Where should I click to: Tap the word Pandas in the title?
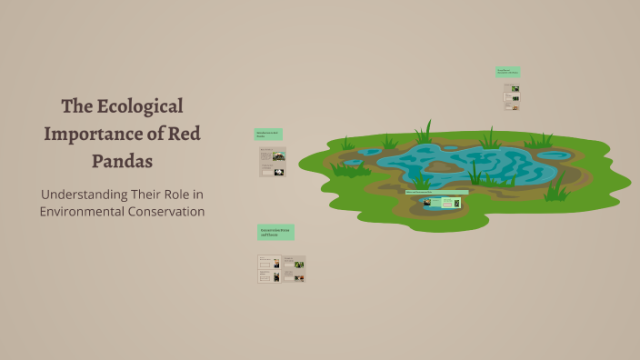(x=122, y=161)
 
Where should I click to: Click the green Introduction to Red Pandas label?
(x=268, y=135)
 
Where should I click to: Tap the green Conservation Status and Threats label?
(x=275, y=233)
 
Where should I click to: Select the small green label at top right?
(x=507, y=71)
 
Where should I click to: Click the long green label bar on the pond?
(x=436, y=193)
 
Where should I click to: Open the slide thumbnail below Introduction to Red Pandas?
(x=272, y=162)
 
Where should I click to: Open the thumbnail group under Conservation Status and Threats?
(x=281, y=268)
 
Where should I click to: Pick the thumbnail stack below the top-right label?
(x=512, y=96)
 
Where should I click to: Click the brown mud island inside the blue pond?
(x=442, y=166)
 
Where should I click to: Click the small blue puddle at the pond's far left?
(x=369, y=151)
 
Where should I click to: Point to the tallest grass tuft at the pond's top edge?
(x=425, y=132)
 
